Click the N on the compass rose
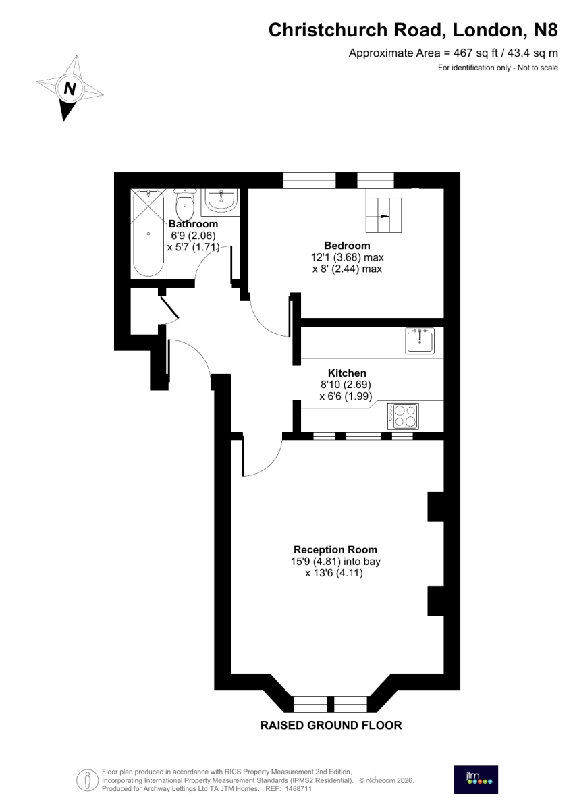[x=70, y=88]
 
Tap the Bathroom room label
[x=193, y=224]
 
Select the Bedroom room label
[x=347, y=246]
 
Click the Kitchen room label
[x=347, y=373]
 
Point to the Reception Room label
[x=335, y=549]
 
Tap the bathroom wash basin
[x=221, y=200]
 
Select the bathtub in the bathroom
[x=148, y=234]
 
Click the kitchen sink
[x=420, y=341]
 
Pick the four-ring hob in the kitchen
[x=403, y=416]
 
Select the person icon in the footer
[x=88, y=780]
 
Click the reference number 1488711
[x=298, y=789]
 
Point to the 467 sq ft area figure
[x=477, y=53]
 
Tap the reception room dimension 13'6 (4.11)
[x=334, y=573]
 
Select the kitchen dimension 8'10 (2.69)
[x=346, y=384]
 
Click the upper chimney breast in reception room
[x=435, y=507]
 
